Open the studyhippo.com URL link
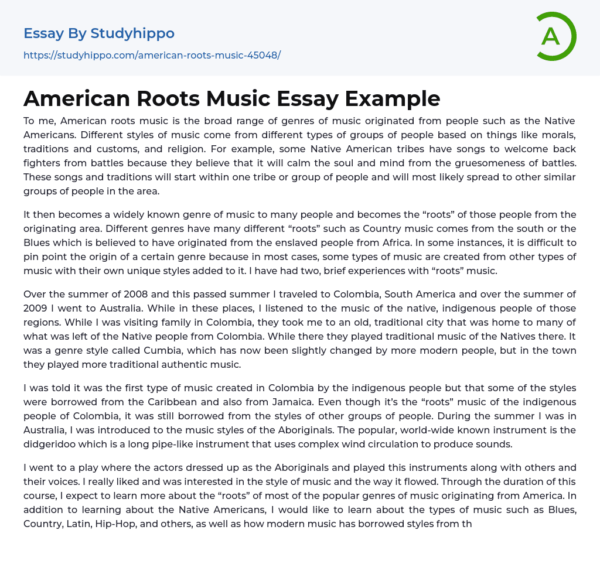click(152, 55)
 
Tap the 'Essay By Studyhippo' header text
click(99, 33)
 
